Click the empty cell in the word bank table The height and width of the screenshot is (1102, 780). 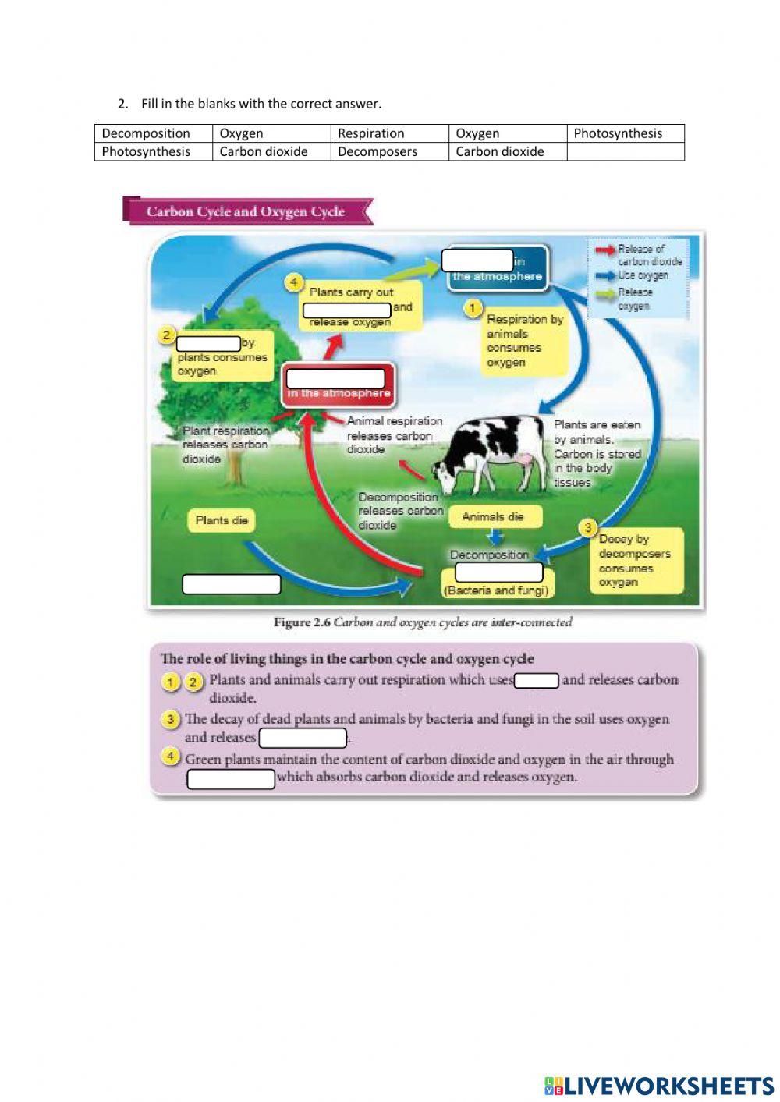(x=626, y=151)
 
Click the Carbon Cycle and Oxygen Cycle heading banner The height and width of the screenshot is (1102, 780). (x=246, y=211)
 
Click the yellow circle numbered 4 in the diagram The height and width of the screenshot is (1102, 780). (x=294, y=282)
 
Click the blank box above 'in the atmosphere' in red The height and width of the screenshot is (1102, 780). (x=335, y=378)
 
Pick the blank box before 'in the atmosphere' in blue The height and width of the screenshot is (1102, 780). (x=477, y=260)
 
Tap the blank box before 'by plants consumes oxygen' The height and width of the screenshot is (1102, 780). (x=208, y=343)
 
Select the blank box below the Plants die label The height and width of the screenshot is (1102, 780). (x=231, y=584)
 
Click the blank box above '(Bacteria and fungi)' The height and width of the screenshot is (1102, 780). (x=498, y=572)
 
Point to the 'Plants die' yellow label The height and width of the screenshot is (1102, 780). (x=222, y=520)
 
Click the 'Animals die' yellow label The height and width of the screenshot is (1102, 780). (x=494, y=516)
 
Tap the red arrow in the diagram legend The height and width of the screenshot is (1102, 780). (x=604, y=250)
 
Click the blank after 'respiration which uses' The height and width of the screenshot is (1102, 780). (x=537, y=680)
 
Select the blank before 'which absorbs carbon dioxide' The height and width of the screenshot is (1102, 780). (x=231, y=778)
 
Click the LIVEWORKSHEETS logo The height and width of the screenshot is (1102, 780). (x=659, y=1086)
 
